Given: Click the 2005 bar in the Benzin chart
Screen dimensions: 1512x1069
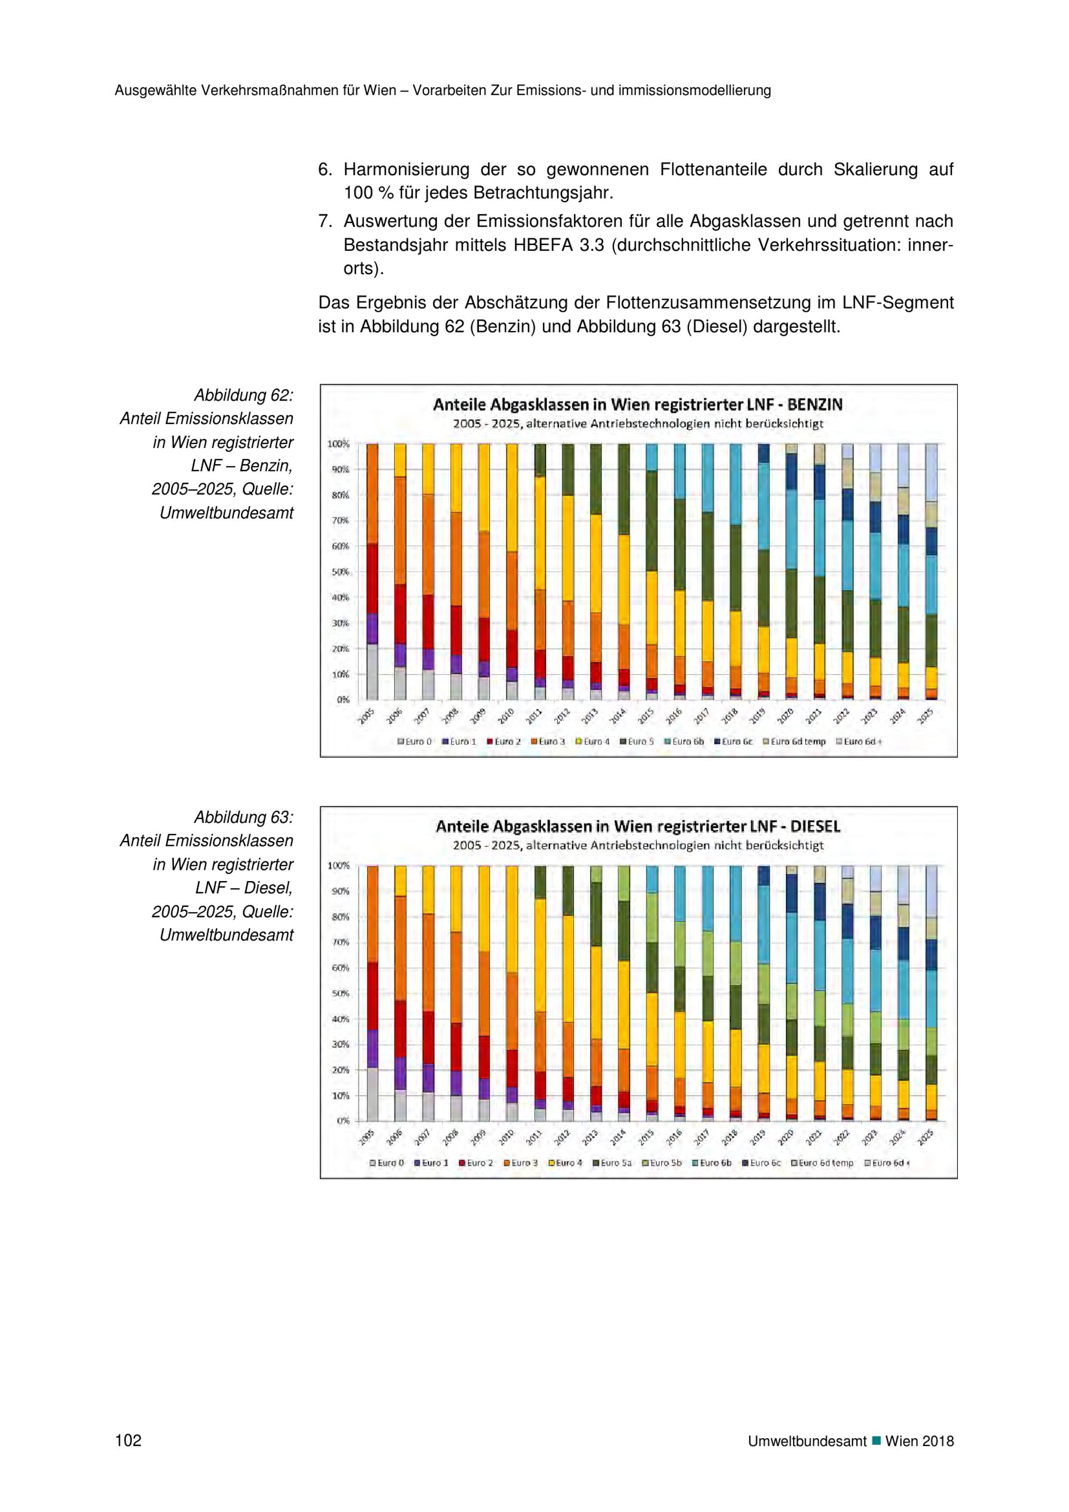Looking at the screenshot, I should click(372, 572).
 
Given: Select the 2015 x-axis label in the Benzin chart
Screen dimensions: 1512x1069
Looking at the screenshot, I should click(645, 716).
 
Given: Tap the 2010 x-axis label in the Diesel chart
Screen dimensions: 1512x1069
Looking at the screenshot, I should click(506, 1137).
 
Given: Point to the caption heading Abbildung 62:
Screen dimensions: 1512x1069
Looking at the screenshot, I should click(244, 395).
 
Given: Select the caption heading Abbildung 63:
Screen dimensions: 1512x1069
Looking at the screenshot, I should click(244, 817).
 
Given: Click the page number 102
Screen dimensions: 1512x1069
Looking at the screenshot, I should click(128, 1440).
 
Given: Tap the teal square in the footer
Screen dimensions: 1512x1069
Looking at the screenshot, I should click(876, 1440).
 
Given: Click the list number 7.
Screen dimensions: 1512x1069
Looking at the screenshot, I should click(324, 221).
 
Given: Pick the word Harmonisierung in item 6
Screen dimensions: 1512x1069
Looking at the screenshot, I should click(406, 170).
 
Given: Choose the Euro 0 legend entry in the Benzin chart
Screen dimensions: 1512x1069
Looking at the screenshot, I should click(414, 742).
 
